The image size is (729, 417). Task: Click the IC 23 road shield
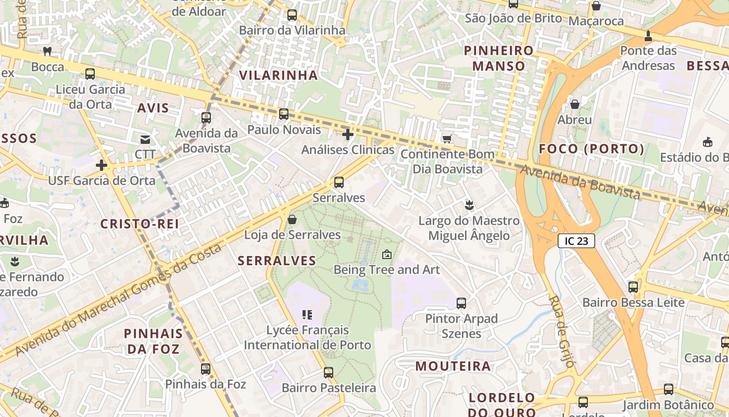[576, 241]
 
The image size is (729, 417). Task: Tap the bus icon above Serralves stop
[339, 182]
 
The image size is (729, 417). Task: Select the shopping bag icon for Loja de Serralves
[292, 219]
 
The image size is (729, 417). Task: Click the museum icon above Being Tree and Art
[386, 254]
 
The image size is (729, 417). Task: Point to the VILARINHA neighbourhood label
[278, 75]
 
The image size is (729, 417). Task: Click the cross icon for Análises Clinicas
[348, 134]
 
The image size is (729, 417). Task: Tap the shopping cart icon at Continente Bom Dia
[447, 139]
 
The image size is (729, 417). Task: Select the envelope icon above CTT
[145, 139]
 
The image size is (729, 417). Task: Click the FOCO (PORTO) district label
[592, 149]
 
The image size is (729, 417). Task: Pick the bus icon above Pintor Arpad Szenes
[461, 303]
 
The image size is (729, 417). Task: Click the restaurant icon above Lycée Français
[307, 314]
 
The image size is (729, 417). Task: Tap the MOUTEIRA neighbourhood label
[453, 366]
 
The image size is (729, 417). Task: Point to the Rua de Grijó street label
[561, 331]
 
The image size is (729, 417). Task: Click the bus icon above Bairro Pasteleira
[329, 373]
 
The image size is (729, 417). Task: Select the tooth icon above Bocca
[47, 52]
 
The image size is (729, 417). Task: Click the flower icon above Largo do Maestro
[469, 205]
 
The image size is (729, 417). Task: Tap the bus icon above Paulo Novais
[284, 114]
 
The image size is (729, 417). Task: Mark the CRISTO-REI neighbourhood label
[140, 224]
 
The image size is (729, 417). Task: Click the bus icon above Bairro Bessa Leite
[633, 287]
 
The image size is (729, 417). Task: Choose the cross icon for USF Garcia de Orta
[102, 165]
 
